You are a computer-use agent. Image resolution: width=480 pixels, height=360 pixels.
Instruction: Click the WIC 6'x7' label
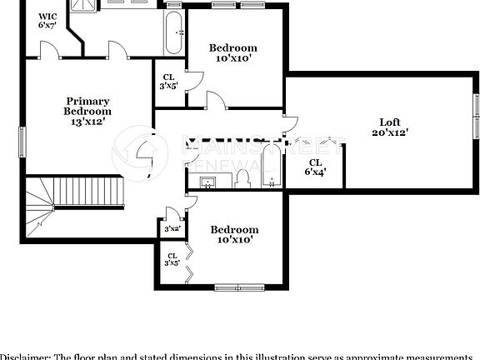click(48, 21)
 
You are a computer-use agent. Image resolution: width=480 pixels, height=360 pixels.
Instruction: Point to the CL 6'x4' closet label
click(316, 167)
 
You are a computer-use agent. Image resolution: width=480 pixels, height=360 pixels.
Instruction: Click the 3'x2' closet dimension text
click(172, 228)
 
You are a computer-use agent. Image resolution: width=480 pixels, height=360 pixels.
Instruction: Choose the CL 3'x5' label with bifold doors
click(172, 259)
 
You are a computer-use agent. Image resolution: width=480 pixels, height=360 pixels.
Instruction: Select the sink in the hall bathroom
click(207, 181)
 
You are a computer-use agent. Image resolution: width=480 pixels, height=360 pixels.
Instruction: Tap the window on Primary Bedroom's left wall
click(23, 142)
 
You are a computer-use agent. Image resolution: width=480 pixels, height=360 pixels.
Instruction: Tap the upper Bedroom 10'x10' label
click(232, 53)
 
